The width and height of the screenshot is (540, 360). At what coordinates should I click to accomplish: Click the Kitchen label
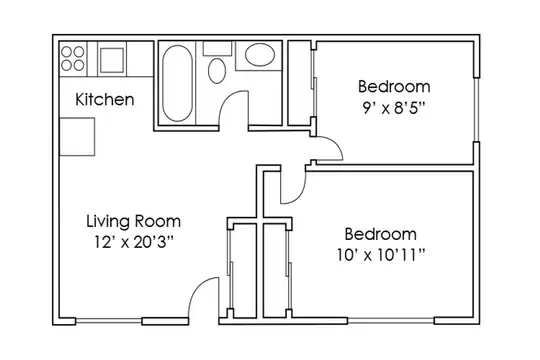pyautogui.click(x=105, y=100)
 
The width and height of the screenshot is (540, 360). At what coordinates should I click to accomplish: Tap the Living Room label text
pyautogui.click(x=134, y=221)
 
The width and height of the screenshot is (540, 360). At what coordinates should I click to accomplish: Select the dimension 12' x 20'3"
pyautogui.click(x=134, y=243)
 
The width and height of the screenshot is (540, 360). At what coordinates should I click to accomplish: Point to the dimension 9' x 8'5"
pyautogui.click(x=394, y=108)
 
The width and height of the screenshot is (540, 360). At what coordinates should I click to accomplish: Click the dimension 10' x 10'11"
pyautogui.click(x=381, y=255)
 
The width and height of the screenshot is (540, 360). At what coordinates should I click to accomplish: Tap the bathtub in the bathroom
pyautogui.click(x=177, y=83)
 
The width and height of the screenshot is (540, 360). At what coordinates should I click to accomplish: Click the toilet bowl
pyautogui.click(x=217, y=70)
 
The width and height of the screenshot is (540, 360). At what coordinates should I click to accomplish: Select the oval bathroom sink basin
pyautogui.click(x=260, y=54)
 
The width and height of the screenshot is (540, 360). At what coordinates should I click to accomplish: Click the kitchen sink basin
pyautogui.click(x=112, y=60)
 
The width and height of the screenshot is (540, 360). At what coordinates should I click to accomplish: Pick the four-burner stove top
pyautogui.click(x=73, y=59)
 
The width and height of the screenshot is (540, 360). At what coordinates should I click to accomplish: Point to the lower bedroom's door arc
pyautogui.click(x=300, y=193)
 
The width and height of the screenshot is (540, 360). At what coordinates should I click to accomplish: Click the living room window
pyautogui.click(x=108, y=321)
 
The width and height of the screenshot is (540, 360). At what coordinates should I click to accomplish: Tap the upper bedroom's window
pyautogui.click(x=477, y=109)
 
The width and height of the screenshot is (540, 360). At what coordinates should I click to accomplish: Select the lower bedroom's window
pyautogui.click(x=391, y=321)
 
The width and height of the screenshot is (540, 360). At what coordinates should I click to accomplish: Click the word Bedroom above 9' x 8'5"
pyautogui.click(x=394, y=86)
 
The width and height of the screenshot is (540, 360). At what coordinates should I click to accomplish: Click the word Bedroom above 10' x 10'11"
pyautogui.click(x=381, y=234)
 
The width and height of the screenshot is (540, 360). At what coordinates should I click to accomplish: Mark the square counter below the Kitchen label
pyautogui.click(x=77, y=137)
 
